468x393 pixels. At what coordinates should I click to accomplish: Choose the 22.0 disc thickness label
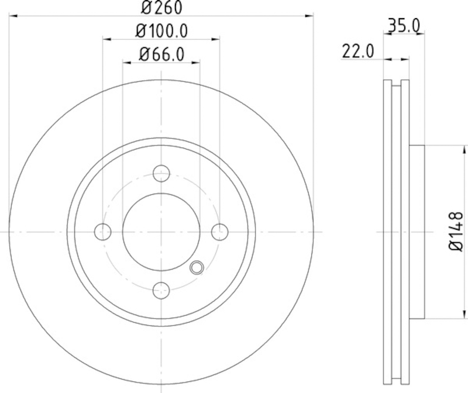pyautogui.click(x=357, y=51)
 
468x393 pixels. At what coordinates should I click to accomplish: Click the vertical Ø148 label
pyautogui.click(x=456, y=232)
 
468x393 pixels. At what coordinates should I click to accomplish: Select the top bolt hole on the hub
pyautogui.click(x=161, y=173)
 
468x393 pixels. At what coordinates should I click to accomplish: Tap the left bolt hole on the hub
pyautogui.click(x=103, y=232)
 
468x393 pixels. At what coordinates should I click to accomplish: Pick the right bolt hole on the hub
pyautogui.click(x=219, y=232)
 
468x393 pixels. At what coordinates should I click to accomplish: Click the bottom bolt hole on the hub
pyautogui.click(x=161, y=289)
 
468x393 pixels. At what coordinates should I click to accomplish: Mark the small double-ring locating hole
pyautogui.click(x=197, y=268)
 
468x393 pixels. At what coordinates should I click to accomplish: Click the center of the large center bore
pyautogui.click(x=161, y=232)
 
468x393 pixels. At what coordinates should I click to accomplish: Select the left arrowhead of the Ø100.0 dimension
pyautogui.click(x=106, y=39)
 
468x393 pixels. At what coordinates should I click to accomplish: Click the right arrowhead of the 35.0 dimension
pyautogui.click(x=420, y=35)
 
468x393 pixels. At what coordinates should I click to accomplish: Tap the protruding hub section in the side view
pyautogui.click(x=415, y=232)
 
